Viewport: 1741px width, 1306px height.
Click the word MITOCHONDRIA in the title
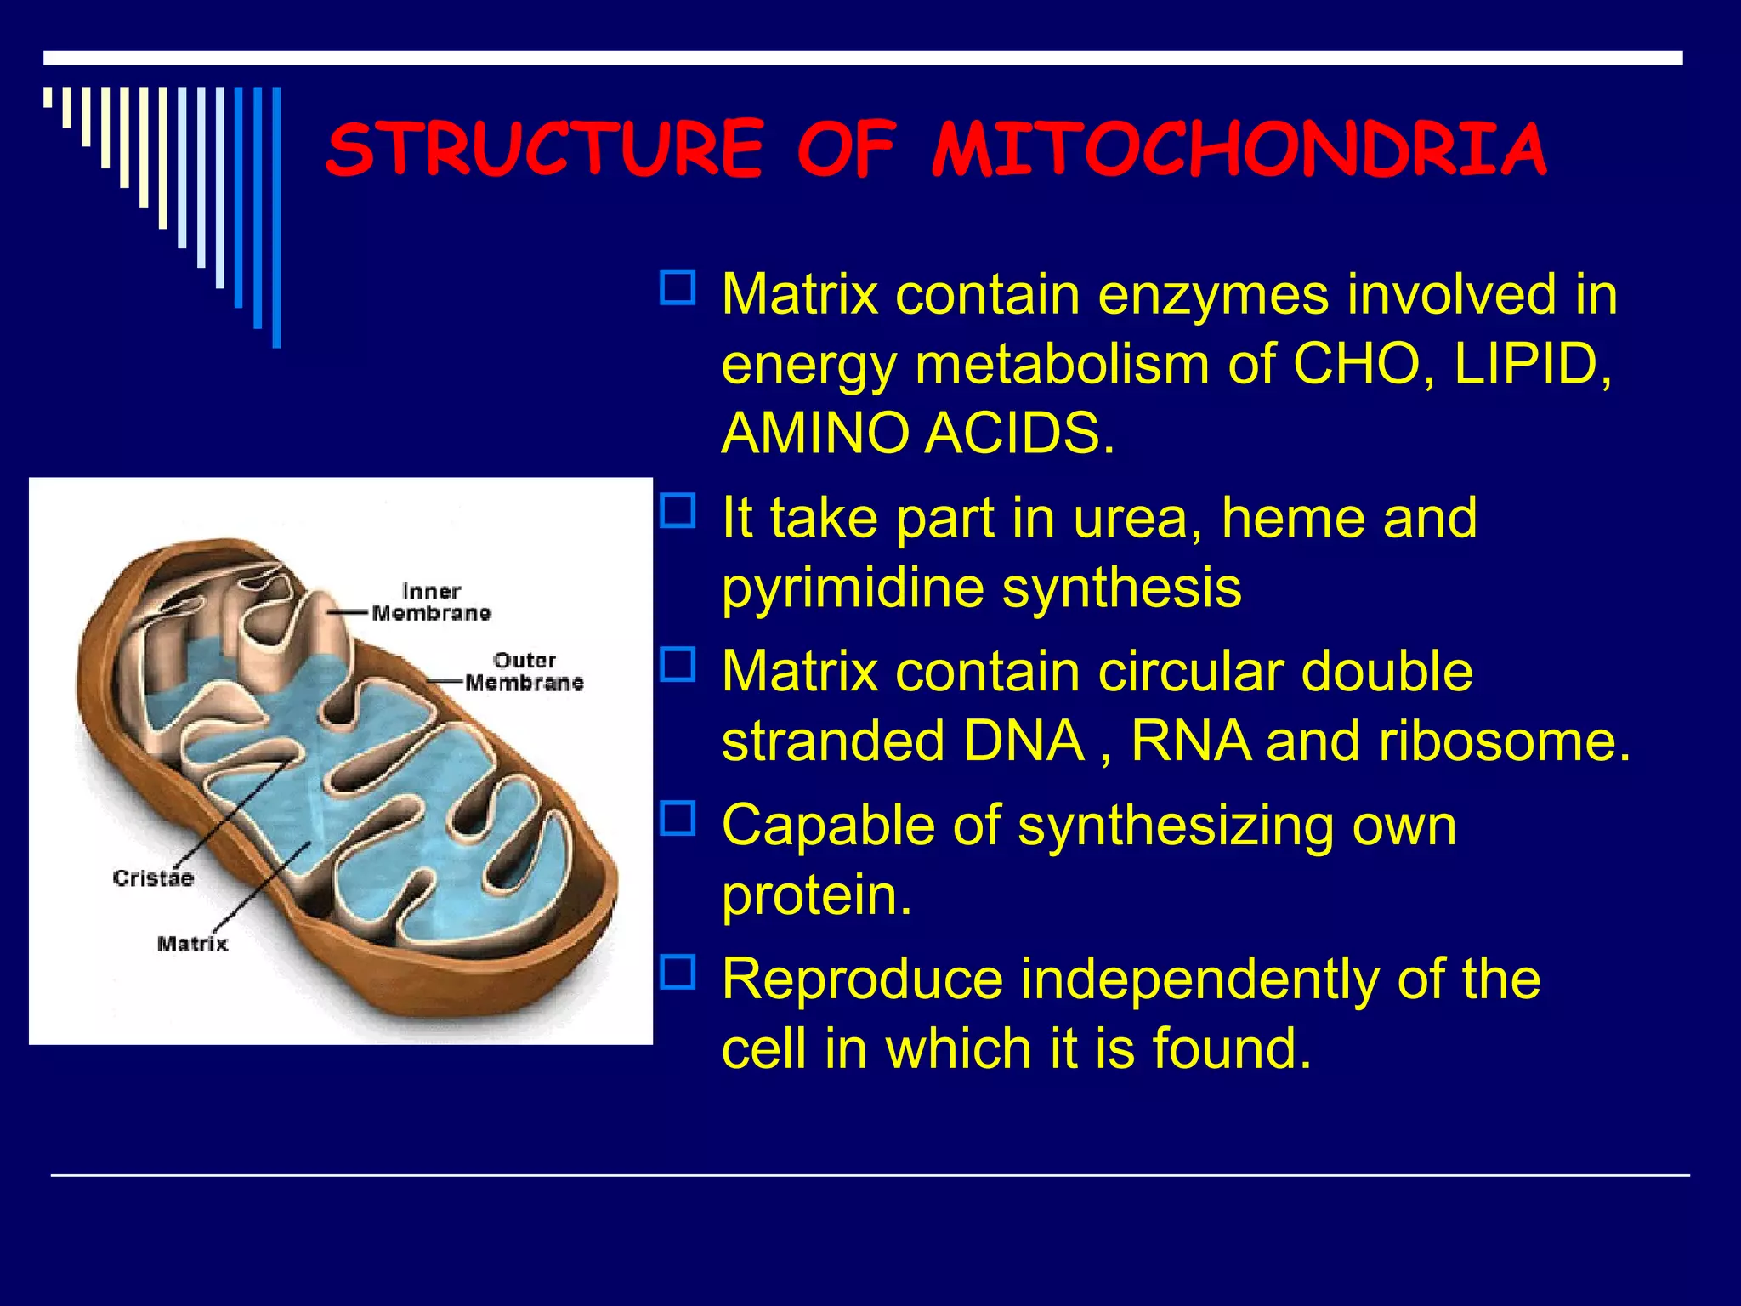(1239, 150)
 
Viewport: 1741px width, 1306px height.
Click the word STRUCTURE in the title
(545, 150)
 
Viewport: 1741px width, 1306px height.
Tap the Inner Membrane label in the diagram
(432, 602)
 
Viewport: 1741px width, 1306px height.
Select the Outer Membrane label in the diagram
(525, 672)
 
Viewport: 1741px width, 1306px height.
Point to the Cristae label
(153, 878)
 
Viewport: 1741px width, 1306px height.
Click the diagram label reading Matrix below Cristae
(193, 944)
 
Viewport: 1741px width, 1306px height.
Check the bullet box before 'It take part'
(678, 511)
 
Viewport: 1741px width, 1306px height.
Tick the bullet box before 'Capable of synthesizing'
(678, 818)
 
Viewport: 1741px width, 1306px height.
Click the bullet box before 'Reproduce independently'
(678, 972)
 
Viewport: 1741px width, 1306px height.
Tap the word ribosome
(1504, 741)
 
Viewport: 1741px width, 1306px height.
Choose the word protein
(816, 895)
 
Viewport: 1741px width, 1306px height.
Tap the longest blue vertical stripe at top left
(276, 217)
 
